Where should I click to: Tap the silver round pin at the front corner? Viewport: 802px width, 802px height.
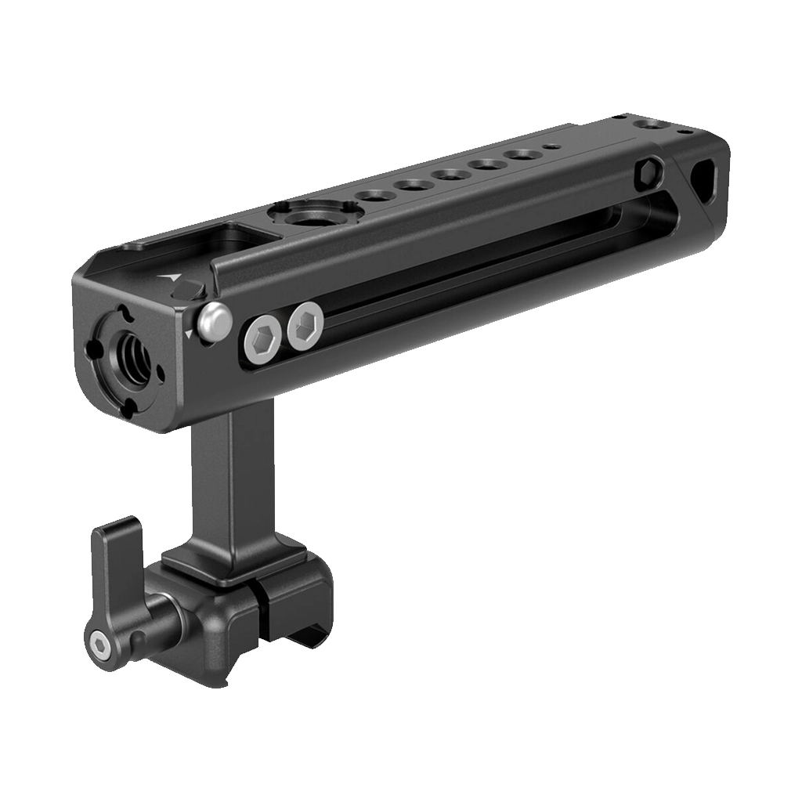pos(214,323)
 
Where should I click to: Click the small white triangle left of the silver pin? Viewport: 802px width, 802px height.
pos(189,334)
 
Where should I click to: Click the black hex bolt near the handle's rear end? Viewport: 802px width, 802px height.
pos(648,172)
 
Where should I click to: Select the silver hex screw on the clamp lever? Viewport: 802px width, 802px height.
pos(99,644)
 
